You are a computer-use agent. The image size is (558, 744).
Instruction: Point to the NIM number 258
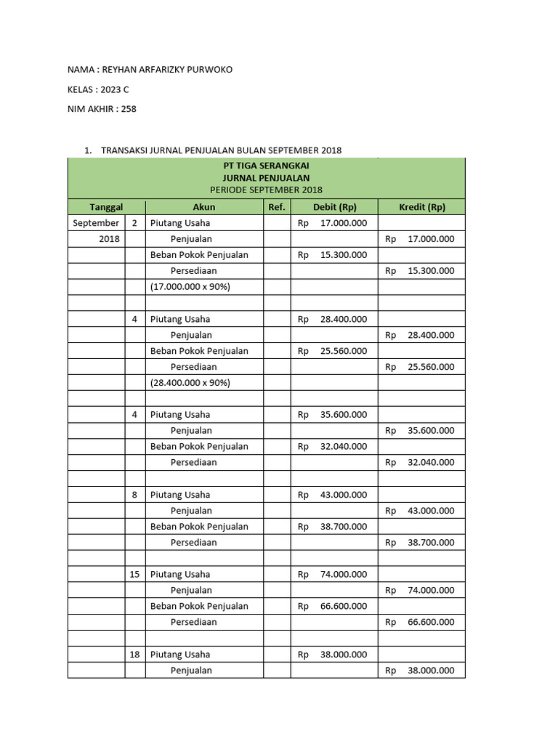pyautogui.click(x=128, y=109)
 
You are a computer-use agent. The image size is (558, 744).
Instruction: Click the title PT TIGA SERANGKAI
pyautogui.click(x=266, y=165)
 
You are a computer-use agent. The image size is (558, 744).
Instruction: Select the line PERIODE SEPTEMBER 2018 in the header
pyautogui.click(x=266, y=190)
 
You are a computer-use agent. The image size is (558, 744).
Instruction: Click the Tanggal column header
pyautogui.click(x=106, y=207)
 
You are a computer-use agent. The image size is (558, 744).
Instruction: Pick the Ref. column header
pyautogui.click(x=277, y=207)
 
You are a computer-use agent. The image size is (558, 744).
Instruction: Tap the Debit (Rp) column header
pyautogui.click(x=334, y=207)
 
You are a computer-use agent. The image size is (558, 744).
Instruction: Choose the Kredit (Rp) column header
pyautogui.click(x=421, y=207)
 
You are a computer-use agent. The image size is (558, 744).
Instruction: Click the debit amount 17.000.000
pyautogui.click(x=343, y=223)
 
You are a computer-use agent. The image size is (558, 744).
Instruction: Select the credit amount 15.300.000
pyautogui.click(x=431, y=271)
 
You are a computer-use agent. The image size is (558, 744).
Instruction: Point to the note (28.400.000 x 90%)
pyautogui.click(x=190, y=383)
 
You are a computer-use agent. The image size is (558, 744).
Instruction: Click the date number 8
pyautogui.click(x=134, y=495)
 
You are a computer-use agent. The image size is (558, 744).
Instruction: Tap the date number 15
pyautogui.click(x=134, y=575)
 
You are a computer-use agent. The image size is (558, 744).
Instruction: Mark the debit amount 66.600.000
pyautogui.click(x=343, y=606)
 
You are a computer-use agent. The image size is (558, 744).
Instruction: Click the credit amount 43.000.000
pyautogui.click(x=431, y=511)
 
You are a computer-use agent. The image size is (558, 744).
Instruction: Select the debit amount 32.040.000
pyautogui.click(x=343, y=447)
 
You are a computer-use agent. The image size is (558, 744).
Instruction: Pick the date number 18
pyautogui.click(x=134, y=655)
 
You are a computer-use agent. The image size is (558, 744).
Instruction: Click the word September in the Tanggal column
pyautogui.click(x=96, y=223)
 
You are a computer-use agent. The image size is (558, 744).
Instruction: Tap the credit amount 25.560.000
pyautogui.click(x=431, y=367)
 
